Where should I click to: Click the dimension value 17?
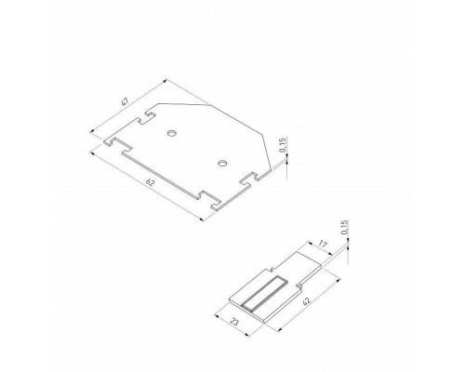(324, 246)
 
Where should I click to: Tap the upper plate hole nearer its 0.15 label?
(221, 163)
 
